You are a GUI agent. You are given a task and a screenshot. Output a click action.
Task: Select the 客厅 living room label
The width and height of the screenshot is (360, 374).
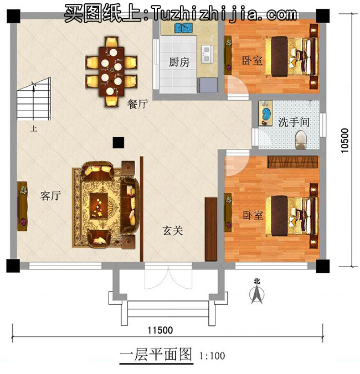pos(50,196)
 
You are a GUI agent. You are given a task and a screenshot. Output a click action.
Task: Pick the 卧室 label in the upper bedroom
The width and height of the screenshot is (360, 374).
pos(252,60)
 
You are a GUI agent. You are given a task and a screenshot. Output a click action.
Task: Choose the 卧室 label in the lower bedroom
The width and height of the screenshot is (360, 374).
pos(252,215)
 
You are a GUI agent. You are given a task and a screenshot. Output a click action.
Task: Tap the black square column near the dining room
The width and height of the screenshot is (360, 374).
pos(117,143)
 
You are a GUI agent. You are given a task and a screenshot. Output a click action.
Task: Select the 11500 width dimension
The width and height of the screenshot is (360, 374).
pos(160,330)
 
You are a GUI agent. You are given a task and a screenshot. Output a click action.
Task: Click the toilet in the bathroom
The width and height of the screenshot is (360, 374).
pos(301,139)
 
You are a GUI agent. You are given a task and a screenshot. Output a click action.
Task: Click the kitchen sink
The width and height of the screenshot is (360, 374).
pos(179,28)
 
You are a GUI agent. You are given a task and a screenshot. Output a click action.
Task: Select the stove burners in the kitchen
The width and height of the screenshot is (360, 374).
pos(207,53)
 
